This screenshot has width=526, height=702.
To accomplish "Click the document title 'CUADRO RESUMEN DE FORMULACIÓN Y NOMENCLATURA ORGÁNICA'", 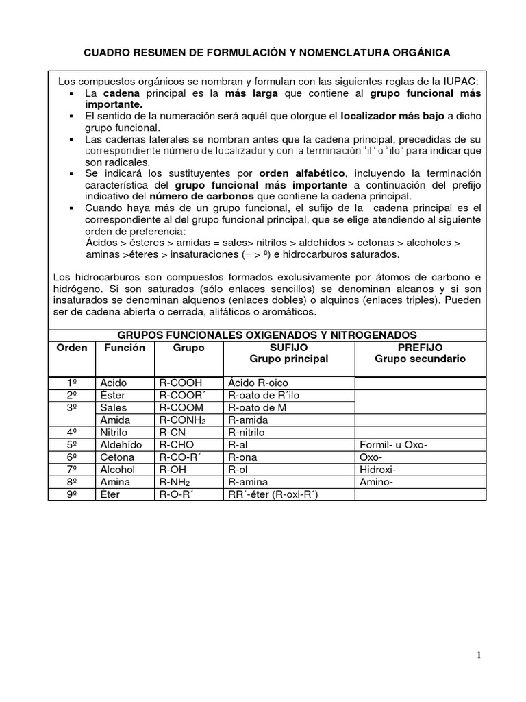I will pos(267,52).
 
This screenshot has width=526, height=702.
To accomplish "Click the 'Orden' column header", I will pos(72,348).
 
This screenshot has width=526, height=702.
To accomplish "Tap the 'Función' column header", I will pos(125,348).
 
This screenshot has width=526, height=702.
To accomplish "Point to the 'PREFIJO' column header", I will pos(420,348).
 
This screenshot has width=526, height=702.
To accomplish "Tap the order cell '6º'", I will pos(72,457).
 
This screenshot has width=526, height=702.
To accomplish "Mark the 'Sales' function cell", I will pos(114,407).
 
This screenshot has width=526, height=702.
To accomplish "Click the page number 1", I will pos(479,655).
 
